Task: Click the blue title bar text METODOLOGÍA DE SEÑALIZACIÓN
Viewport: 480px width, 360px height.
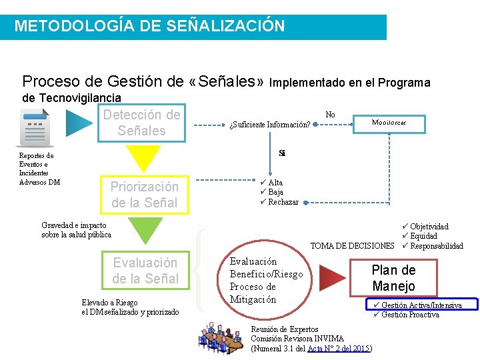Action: (149, 27)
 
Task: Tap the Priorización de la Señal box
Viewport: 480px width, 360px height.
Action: (145, 195)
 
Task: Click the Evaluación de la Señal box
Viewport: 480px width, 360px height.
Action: (145, 271)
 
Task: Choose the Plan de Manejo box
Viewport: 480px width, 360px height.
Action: (393, 278)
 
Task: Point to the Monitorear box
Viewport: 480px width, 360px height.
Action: (389, 123)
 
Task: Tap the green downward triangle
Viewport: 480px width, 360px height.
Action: (145, 231)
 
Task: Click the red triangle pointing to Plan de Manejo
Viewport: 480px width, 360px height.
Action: (331, 279)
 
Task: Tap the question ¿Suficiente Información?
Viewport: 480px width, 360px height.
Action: (269, 125)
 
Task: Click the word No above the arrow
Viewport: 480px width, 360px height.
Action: (330, 115)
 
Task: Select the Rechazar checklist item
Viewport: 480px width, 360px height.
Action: (283, 202)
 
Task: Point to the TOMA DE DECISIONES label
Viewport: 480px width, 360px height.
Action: (352, 246)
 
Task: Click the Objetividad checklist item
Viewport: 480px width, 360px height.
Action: (429, 227)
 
